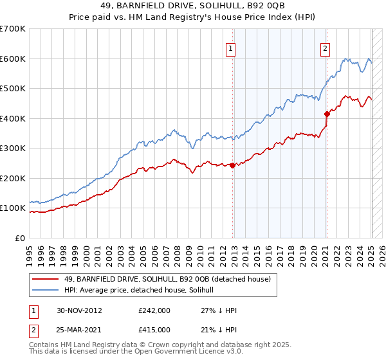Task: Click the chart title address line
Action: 192,6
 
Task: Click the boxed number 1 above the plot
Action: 230,48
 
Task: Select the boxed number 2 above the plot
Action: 326,48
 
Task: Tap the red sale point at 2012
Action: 232,165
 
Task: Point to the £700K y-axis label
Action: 13,29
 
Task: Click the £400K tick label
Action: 13,118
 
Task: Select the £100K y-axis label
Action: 13,208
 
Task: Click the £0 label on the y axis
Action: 19,238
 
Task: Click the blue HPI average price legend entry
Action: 142,290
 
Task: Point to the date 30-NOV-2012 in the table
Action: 79,310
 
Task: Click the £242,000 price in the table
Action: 154,310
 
